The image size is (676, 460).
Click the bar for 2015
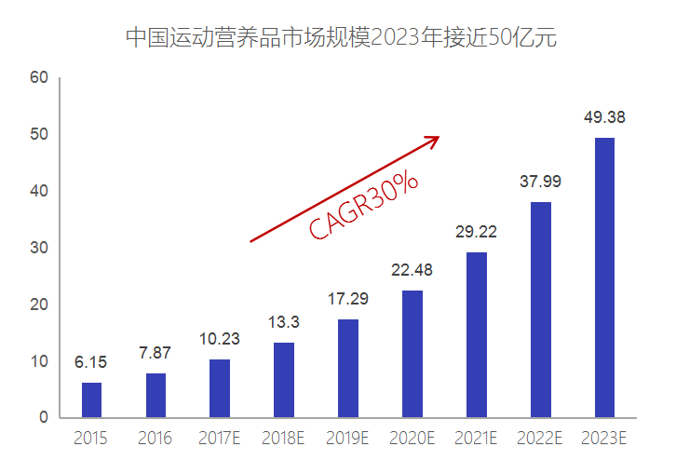coord(91,399)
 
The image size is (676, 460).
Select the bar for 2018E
coord(284,380)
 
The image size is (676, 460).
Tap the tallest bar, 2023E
coord(604,277)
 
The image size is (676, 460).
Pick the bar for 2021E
coord(477,334)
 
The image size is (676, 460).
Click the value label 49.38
coord(604,117)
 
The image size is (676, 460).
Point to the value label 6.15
coord(91,362)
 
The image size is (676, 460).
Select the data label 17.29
coord(348,300)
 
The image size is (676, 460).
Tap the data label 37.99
coord(540,182)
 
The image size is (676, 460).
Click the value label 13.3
coord(284,323)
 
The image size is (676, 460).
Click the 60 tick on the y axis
coord(38,77)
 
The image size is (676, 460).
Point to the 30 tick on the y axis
coord(38,248)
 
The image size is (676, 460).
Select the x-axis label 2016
coord(155,438)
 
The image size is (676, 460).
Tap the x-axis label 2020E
coord(412,438)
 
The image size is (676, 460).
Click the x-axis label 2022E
coord(540,438)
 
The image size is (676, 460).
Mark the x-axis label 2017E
coord(220,438)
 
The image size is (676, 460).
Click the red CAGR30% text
coord(364,206)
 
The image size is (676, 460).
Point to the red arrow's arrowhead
coord(432,140)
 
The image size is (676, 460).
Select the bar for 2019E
coord(348,368)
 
